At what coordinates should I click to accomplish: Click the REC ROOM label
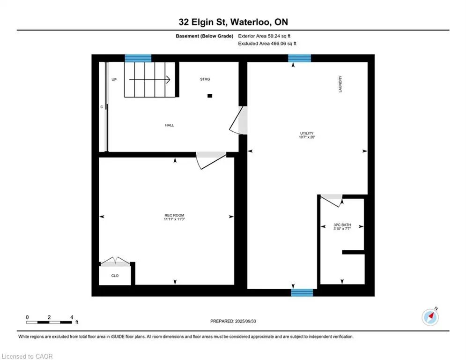tap(174, 215)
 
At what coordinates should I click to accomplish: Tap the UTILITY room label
tap(307, 133)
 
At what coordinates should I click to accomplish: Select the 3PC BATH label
tap(342, 225)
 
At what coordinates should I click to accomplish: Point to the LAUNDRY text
tap(340, 84)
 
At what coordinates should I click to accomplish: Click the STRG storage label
tap(205, 79)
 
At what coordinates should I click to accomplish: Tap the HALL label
tap(170, 125)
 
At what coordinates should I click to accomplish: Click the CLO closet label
tap(115, 276)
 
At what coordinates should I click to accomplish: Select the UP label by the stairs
tap(114, 79)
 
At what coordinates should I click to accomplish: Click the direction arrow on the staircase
tap(149, 79)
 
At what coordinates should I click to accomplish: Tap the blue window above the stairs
tap(138, 58)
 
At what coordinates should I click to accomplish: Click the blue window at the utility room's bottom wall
tap(302, 292)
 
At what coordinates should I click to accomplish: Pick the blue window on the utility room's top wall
tap(300, 58)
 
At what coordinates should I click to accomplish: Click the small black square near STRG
tap(210, 96)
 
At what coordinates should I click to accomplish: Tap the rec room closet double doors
tap(115, 261)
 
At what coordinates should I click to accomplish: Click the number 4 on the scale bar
tap(72, 317)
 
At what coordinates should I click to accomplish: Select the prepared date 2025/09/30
tap(245, 321)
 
